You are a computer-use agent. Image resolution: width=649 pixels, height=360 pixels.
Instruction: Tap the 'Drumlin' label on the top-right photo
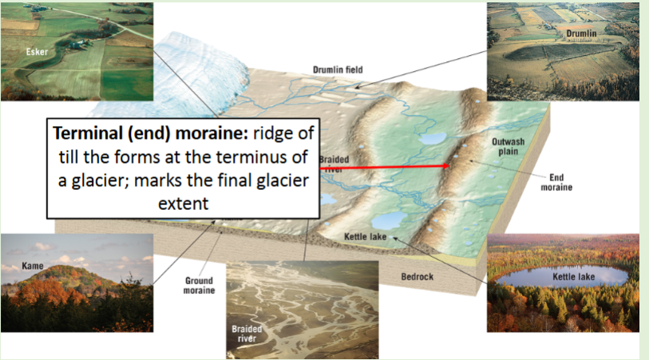tap(581, 33)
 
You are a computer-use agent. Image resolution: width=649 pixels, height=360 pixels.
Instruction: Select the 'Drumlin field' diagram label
tap(337, 69)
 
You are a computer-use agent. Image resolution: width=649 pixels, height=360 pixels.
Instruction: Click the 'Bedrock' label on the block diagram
tap(417, 276)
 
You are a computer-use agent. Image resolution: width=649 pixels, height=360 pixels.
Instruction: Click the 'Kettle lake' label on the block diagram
tap(366, 236)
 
